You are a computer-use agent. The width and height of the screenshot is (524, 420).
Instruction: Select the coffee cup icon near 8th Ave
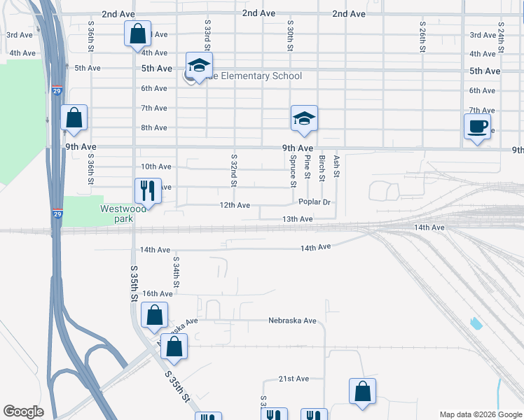pyautogui.click(x=478, y=127)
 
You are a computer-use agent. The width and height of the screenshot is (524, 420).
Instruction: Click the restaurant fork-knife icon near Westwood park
pyautogui.click(x=147, y=188)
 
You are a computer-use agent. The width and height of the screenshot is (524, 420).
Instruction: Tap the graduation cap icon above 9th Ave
pyautogui.click(x=305, y=118)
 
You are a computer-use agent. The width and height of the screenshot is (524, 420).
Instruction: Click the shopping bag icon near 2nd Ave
pyautogui.click(x=137, y=33)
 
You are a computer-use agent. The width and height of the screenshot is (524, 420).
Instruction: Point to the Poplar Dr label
pyautogui.click(x=314, y=202)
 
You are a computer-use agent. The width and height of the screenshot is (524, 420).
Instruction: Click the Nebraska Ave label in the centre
pyautogui.click(x=293, y=321)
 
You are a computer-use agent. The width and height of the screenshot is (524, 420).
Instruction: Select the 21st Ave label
pyautogui.click(x=294, y=379)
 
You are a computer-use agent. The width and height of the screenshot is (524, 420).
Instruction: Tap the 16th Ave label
pyautogui.click(x=157, y=293)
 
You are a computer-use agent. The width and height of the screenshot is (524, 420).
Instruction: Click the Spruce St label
pyautogui.click(x=294, y=171)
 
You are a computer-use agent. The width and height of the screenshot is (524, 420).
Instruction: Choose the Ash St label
pyautogui.click(x=337, y=166)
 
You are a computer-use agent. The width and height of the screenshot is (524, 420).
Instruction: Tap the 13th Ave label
pyautogui.click(x=297, y=219)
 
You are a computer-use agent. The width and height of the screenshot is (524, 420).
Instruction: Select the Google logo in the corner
pyautogui.click(x=23, y=411)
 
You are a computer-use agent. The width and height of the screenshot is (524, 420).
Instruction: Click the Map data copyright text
pyautogui.click(x=481, y=414)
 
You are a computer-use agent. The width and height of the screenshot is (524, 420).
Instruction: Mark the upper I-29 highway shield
pyautogui.click(x=57, y=90)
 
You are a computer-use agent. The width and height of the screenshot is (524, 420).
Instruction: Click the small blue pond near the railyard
pyautogui.click(x=477, y=323)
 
